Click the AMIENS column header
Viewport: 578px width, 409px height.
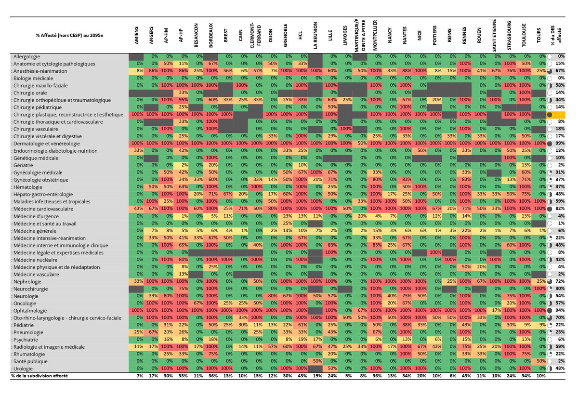(137, 35)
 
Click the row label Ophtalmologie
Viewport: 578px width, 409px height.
(29, 311)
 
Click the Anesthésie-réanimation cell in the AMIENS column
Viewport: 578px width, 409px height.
(137, 71)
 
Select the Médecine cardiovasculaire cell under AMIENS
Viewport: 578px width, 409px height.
(137, 209)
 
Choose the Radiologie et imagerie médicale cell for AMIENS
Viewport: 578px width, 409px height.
(137, 347)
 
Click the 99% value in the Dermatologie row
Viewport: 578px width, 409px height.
(560, 144)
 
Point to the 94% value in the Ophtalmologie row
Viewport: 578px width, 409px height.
(560, 311)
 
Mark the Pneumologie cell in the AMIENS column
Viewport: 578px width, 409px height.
(137, 332)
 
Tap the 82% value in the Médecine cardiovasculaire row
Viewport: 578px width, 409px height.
(560, 209)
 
